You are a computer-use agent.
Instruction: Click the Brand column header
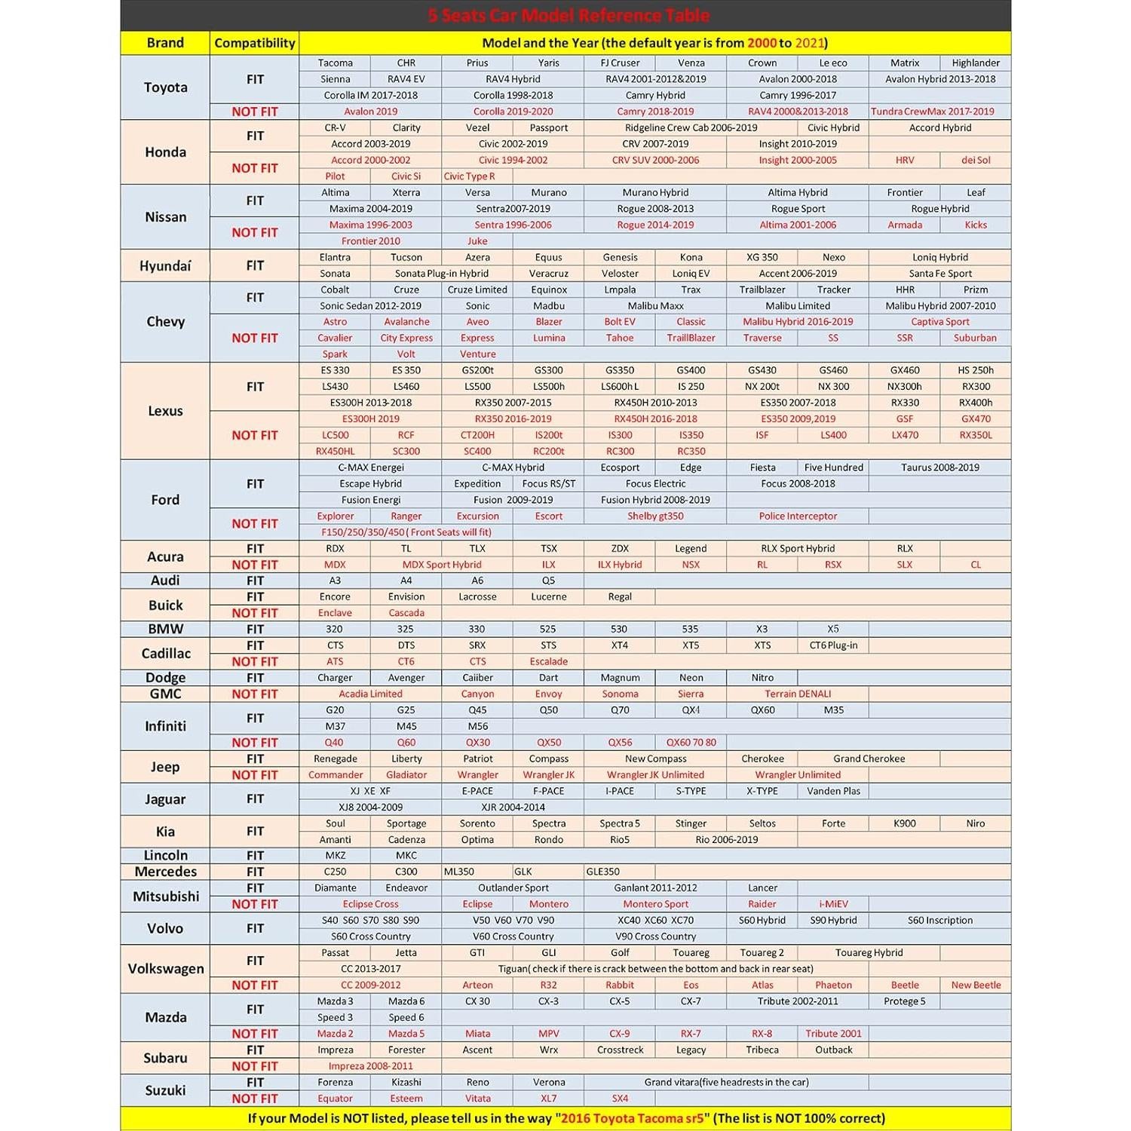[165, 43]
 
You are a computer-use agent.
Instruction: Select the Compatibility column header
[255, 43]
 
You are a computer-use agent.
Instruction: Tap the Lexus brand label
[165, 411]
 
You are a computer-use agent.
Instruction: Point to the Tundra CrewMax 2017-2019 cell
[939, 112]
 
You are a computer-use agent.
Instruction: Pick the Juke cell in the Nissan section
[477, 241]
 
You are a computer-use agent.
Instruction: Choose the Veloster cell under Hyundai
[620, 274]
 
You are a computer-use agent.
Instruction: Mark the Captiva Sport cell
[939, 322]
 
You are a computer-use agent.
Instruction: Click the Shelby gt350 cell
[655, 516]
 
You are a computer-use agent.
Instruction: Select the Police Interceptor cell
[798, 516]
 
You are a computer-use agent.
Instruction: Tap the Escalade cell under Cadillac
[548, 662]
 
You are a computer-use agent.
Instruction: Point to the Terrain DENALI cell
[798, 694]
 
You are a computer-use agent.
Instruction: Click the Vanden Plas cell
[833, 792]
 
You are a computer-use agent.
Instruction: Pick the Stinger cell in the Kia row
[691, 824]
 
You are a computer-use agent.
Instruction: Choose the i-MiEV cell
[833, 905]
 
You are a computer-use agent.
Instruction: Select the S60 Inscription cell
[939, 921]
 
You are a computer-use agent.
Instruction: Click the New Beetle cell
[976, 985]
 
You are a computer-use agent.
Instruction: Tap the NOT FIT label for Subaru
[255, 1066]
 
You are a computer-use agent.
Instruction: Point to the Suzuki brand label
[165, 1090]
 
